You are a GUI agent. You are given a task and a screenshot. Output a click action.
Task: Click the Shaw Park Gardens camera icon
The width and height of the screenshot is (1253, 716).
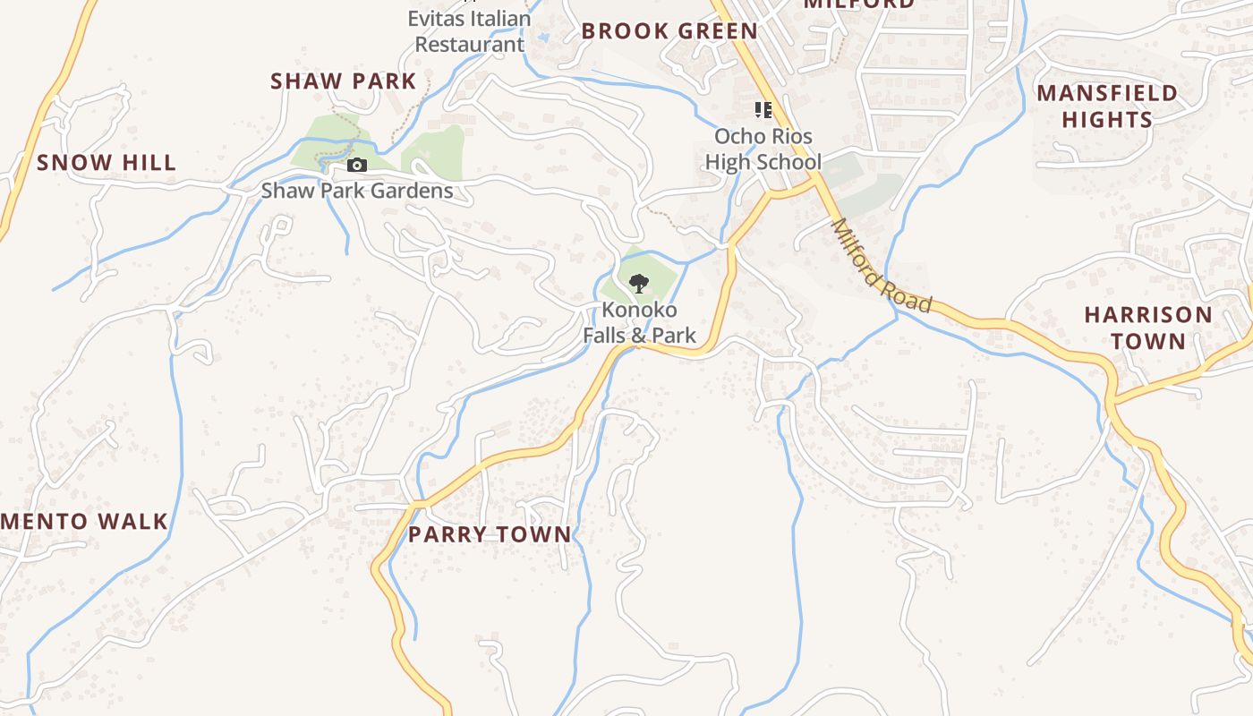(x=356, y=166)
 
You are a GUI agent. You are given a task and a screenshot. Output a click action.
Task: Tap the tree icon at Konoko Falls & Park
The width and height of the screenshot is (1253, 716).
(x=638, y=285)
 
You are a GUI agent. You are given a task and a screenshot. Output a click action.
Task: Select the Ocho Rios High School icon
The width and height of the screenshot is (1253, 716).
(x=763, y=110)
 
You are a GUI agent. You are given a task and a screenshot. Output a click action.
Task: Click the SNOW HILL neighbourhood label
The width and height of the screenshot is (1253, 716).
(x=107, y=163)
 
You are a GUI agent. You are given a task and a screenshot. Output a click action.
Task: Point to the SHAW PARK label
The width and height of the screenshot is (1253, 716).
(x=344, y=81)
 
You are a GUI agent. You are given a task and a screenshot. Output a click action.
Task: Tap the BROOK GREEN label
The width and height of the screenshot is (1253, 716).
(x=669, y=31)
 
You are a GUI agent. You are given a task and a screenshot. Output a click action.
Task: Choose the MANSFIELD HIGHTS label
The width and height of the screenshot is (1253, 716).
(x=1107, y=106)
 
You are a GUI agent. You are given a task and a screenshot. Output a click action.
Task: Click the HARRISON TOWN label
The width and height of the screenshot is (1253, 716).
(x=1148, y=328)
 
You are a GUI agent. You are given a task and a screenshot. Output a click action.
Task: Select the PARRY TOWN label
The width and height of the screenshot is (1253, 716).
(x=490, y=535)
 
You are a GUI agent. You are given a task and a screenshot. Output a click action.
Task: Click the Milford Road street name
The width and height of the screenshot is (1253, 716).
(x=882, y=266)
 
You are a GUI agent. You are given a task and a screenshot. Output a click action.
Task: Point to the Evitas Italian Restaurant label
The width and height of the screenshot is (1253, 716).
(x=469, y=30)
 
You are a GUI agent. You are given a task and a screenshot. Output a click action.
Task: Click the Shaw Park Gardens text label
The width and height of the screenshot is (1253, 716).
(x=357, y=191)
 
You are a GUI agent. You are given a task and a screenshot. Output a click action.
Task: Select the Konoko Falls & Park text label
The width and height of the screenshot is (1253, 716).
(x=639, y=323)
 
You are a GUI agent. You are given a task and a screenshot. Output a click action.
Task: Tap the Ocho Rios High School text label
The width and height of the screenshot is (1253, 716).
(x=763, y=149)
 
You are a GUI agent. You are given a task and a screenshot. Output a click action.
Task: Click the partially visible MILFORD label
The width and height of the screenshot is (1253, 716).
(x=858, y=4)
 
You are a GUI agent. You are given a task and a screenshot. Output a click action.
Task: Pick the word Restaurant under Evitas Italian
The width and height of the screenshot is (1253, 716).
(x=469, y=44)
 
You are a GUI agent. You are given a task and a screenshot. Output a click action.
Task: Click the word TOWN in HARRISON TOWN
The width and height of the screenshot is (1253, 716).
(x=1148, y=341)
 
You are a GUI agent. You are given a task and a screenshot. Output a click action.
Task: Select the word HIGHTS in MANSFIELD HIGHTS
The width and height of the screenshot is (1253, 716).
(x=1107, y=119)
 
